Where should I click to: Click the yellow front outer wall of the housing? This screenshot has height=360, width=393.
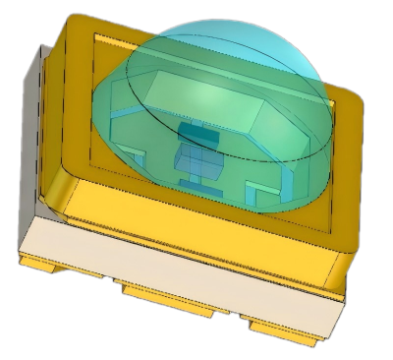(x=196, y=211)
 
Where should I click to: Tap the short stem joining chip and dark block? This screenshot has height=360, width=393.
(x=193, y=146)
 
